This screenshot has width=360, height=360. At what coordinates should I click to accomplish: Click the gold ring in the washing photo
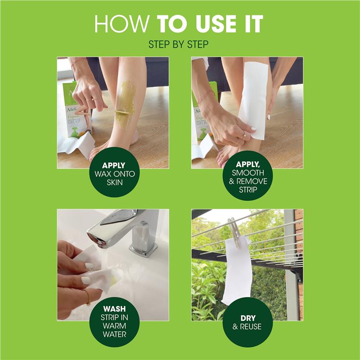(x=86, y=297)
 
